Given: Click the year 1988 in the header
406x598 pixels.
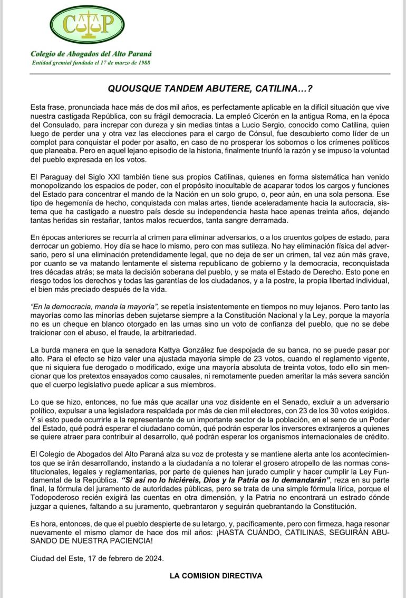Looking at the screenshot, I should [x=143, y=63].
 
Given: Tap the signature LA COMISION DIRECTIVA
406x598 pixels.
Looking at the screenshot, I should [x=216, y=575].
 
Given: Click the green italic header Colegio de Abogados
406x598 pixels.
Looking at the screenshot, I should [x=91, y=54].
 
